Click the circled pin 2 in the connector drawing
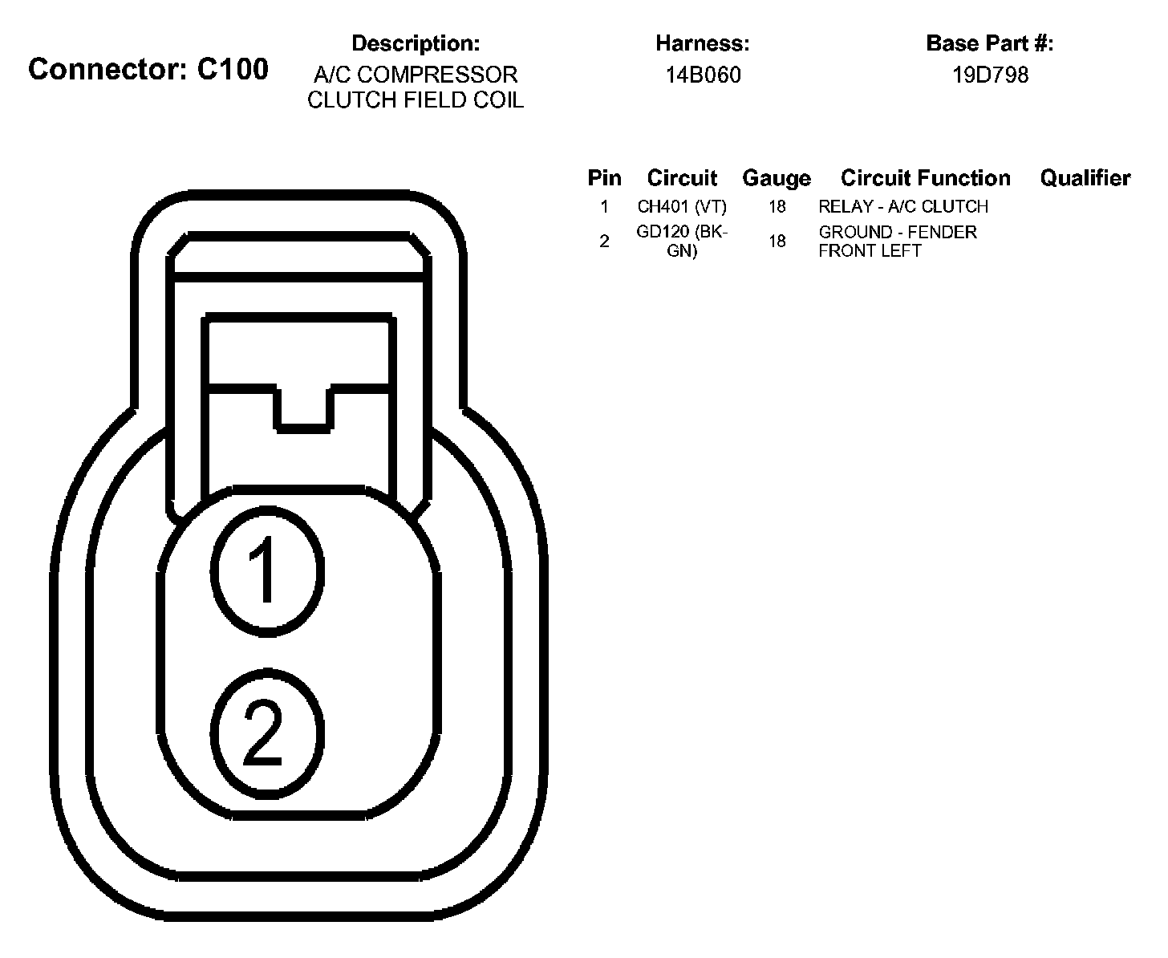(x=267, y=731)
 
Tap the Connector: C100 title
(x=148, y=70)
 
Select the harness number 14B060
(x=703, y=75)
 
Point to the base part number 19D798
(x=990, y=75)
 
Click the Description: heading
(x=416, y=43)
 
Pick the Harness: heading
(x=703, y=43)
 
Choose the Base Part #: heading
(x=990, y=43)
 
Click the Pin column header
(x=604, y=178)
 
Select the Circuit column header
(x=682, y=178)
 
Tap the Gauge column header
(x=777, y=178)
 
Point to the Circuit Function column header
(x=926, y=178)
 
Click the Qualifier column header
(x=1085, y=178)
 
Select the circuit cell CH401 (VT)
(x=682, y=207)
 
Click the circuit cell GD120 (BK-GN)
(x=682, y=241)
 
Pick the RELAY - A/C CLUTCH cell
(x=903, y=207)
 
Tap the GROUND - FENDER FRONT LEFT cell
(x=898, y=241)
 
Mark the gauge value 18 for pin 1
(x=777, y=207)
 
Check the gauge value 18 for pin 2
(x=777, y=241)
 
